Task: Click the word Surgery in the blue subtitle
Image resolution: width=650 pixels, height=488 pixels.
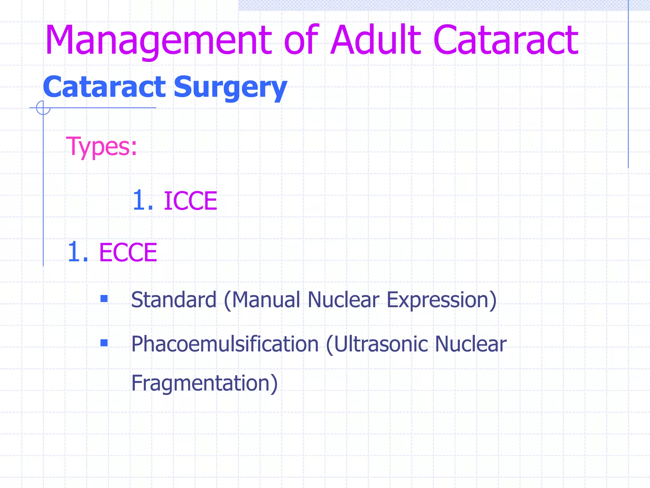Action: coord(230,87)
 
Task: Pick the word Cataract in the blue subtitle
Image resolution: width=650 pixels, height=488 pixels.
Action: coord(104,87)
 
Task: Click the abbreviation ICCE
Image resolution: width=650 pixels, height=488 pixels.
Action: coord(190,201)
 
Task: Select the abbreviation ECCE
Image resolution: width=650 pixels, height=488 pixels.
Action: coord(128,253)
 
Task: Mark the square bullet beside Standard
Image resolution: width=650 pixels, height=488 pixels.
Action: coord(104,299)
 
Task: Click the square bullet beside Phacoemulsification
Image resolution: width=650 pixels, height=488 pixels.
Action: coord(104,343)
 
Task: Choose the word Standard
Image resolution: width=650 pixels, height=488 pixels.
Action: coord(174,300)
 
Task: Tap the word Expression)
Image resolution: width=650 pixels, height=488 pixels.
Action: coord(441,300)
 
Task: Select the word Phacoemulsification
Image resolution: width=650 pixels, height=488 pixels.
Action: coord(225,344)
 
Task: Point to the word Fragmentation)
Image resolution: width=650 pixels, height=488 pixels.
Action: coord(204,383)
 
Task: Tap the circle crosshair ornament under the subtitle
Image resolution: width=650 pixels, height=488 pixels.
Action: coord(43,108)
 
